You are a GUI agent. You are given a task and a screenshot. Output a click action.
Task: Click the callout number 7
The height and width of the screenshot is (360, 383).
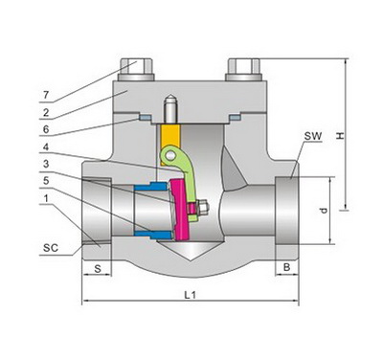pos(46,95)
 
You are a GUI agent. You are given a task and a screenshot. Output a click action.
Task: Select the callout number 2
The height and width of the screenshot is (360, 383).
pos(46,112)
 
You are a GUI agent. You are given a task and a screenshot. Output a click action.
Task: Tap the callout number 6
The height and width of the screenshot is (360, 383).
pos(46,129)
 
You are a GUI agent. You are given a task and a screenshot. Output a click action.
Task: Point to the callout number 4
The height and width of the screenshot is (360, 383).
pos(46,147)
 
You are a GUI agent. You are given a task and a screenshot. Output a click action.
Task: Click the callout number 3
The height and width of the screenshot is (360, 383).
pos(46,164)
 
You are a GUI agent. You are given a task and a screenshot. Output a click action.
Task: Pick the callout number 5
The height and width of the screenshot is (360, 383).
pos(46,181)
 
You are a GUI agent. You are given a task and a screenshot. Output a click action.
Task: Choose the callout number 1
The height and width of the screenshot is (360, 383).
pos(47,198)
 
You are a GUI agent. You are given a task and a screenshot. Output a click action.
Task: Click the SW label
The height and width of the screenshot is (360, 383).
pos(313,136)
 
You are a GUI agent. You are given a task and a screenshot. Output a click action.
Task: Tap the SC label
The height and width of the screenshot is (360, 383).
pos(51,248)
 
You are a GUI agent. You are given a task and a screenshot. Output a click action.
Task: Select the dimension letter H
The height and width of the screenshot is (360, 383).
pos(341,135)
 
